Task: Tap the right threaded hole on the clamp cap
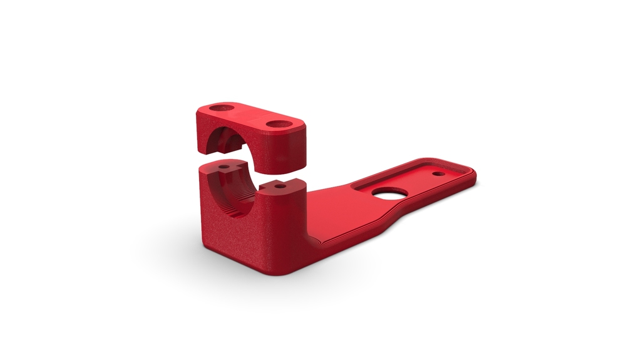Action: tap(275, 123)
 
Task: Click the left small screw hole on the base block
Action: tap(223, 168)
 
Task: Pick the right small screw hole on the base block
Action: tap(277, 186)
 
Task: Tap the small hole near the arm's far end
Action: tap(439, 173)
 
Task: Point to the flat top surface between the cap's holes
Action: tap(247, 116)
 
